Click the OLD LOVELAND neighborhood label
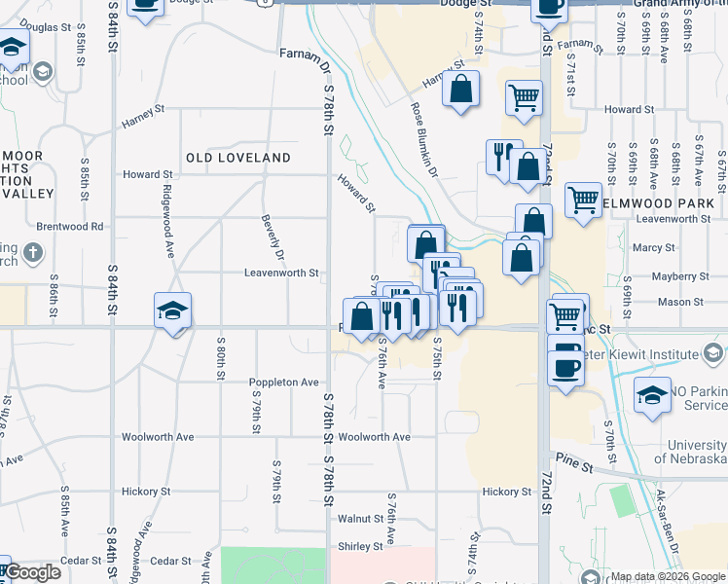pyautogui.click(x=238, y=158)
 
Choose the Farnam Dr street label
pyautogui.click(x=306, y=57)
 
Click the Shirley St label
pyautogui.click(x=359, y=547)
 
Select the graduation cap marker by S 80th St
pyautogui.click(x=172, y=310)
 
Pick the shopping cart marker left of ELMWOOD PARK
pyautogui.click(x=582, y=200)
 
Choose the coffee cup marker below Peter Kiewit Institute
pyautogui.click(x=565, y=367)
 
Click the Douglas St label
pyautogui.click(x=39, y=28)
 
